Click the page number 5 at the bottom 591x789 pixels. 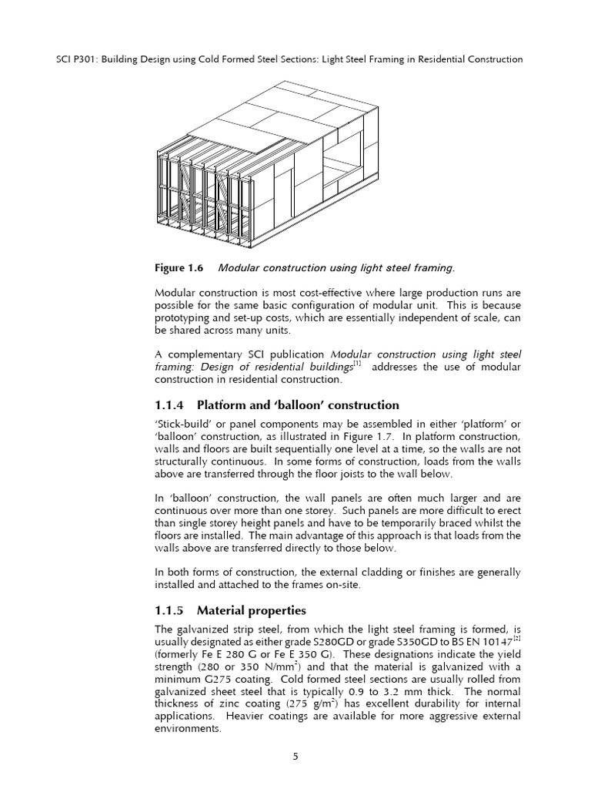(x=295, y=757)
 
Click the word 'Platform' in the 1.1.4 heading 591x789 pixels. (x=223, y=405)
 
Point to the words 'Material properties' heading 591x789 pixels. (x=252, y=610)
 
